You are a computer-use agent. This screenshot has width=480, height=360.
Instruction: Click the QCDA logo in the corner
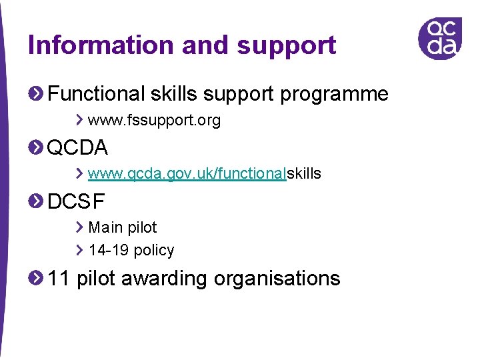click(x=440, y=38)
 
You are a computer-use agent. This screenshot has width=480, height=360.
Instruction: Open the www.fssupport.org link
click(x=154, y=121)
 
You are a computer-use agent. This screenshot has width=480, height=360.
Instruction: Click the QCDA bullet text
click(x=78, y=147)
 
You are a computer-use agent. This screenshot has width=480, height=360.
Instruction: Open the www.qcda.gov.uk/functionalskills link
click(x=204, y=174)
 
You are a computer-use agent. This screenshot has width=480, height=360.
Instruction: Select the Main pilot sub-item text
click(x=123, y=227)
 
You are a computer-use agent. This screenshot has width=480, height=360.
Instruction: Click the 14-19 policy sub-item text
click(x=131, y=251)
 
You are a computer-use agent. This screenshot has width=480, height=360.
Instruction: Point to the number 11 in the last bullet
click(x=59, y=278)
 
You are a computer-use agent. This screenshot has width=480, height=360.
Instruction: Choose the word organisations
click(x=277, y=278)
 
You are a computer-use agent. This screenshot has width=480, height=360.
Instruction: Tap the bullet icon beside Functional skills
click(x=36, y=94)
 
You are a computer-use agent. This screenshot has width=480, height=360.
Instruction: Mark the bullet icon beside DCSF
click(x=36, y=201)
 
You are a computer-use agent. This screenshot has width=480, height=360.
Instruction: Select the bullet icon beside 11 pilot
click(x=36, y=278)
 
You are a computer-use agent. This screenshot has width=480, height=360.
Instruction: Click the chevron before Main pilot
click(x=79, y=227)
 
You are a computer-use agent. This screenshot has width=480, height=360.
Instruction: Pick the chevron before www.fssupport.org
click(x=79, y=121)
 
